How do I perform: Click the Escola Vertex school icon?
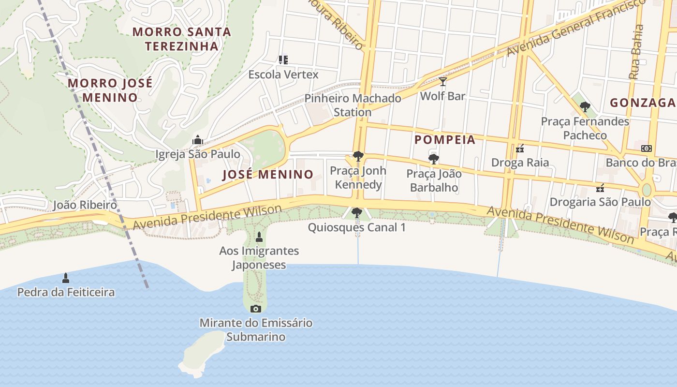click(283, 60)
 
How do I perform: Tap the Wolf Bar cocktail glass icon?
click(442, 82)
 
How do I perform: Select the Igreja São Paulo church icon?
click(197, 140)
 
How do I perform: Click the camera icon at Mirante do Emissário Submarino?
click(256, 309)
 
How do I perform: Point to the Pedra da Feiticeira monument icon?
click(66, 278)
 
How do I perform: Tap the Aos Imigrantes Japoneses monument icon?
click(259, 237)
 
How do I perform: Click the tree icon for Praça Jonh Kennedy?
click(358, 156)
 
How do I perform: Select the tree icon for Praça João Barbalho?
click(434, 159)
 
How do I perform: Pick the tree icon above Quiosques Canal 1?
click(357, 213)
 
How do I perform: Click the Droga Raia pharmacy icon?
click(520, 149)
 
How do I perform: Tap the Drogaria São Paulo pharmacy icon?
click(600, 188)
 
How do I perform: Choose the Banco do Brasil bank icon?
click(646, 149)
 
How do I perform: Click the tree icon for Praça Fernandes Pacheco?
click(585, 107)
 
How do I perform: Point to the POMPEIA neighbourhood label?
click(445, 140)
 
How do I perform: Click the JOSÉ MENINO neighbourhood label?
click(268, 175)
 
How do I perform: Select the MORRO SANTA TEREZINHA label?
click(182, 39)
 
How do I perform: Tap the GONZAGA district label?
click(642, 103)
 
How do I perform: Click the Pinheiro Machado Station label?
click(353, 105)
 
